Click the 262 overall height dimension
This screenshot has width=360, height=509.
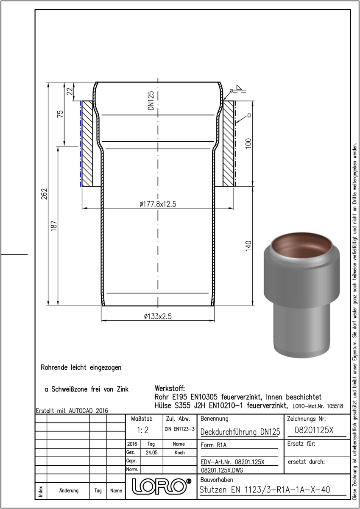44,194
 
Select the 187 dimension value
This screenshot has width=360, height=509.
54,226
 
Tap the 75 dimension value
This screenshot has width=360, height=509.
61,114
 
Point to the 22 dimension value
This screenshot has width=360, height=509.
70,91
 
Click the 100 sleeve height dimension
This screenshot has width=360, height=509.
249,143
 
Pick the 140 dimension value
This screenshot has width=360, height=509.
249,246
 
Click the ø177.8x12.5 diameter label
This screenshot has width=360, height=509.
158,204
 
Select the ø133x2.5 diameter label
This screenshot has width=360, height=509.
158,316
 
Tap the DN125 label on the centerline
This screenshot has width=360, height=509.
151,101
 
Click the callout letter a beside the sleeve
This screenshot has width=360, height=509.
249,115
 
